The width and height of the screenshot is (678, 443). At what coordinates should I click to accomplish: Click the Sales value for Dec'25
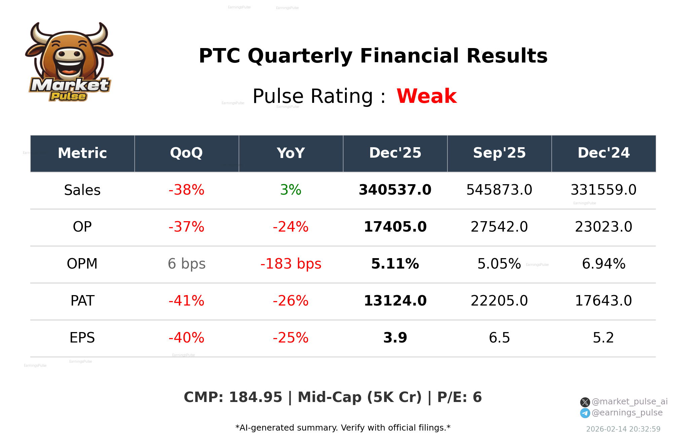tap(395, 190)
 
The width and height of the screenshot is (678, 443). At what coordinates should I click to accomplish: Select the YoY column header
tap(291, 153)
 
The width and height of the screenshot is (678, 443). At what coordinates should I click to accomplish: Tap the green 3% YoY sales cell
tap(291, 190)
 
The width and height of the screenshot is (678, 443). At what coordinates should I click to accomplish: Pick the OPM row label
tap(82, 264)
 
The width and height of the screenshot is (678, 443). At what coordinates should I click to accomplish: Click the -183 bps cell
tap(291, 264)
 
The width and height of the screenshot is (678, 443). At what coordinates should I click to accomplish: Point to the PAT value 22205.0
tap(499, 301)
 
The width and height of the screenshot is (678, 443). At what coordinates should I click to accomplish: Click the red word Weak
tap(426, 96)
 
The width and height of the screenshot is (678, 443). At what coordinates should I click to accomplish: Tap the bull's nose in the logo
tap(69, 54)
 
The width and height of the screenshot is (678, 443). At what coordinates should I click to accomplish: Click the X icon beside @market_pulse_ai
tap(585, 402)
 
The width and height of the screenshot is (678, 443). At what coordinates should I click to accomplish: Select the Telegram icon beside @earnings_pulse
tap(585, 413)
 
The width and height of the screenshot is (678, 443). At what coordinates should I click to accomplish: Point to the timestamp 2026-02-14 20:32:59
tap(623, 429)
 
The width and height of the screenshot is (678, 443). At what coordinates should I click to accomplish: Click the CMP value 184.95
tap(256, 397)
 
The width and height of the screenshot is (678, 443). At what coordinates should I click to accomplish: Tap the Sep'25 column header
tap(499, 153)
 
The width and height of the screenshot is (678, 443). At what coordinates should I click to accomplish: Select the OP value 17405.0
tap(395, 227)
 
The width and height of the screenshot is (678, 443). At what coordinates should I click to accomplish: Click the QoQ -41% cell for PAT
tap(186, 301)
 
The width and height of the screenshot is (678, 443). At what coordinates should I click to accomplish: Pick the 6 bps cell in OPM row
tap(186, 264)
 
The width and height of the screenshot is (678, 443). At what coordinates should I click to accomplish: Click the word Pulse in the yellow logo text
tap(68, 96)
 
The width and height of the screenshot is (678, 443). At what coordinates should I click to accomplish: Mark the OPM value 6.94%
tap(603, 264)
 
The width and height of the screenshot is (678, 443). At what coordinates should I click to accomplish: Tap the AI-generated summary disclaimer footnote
tap(343, 428)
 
